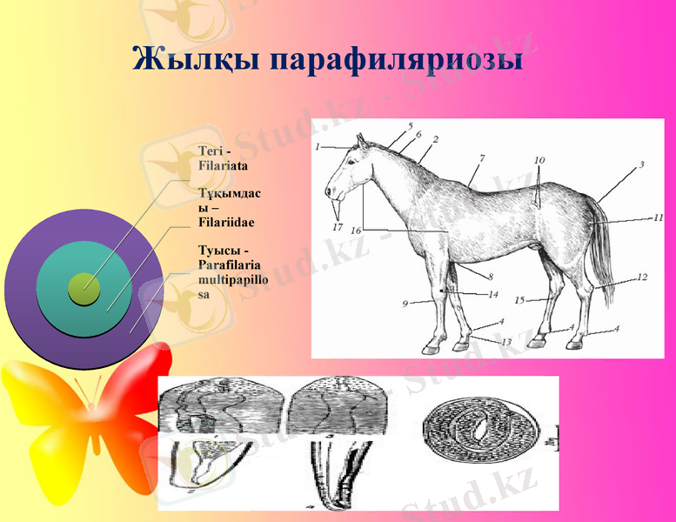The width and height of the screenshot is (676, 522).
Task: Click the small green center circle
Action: tap(84, 288)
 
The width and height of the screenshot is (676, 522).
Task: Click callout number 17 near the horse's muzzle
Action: tap(337, 227)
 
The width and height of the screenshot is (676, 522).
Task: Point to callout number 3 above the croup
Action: tap(640, 165)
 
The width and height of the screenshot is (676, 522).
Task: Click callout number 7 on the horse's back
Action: tap(481, 159)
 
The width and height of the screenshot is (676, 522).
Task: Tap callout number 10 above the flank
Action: tap(539, 160)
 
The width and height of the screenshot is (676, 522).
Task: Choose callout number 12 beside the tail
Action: tap(642, 278)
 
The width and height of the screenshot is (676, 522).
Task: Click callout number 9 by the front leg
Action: tap(405, 304)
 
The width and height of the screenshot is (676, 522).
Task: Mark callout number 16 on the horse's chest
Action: tap(356, 230)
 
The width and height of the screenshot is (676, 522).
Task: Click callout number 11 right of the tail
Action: tap(659, 217)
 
